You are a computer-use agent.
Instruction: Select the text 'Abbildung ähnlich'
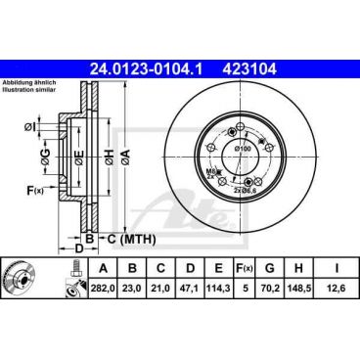pos(32,84)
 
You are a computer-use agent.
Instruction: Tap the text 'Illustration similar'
pos(32,92)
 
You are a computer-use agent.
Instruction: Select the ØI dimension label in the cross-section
pos(31,127)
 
